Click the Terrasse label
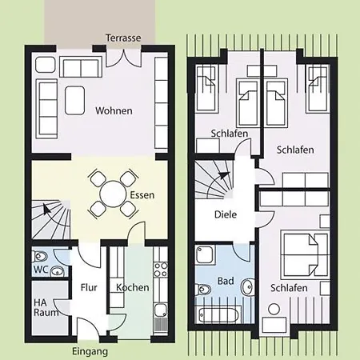tap(123, 38)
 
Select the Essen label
tap(141, 194)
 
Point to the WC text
tap(41, 270)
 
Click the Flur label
tap(88, 287)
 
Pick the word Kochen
tap(132, 287)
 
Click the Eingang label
tap(89, 350)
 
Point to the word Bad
tap(226, 282)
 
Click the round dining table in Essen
tap(109, 194)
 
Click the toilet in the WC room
tap(56, 272)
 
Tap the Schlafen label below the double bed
tap(287, 288)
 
